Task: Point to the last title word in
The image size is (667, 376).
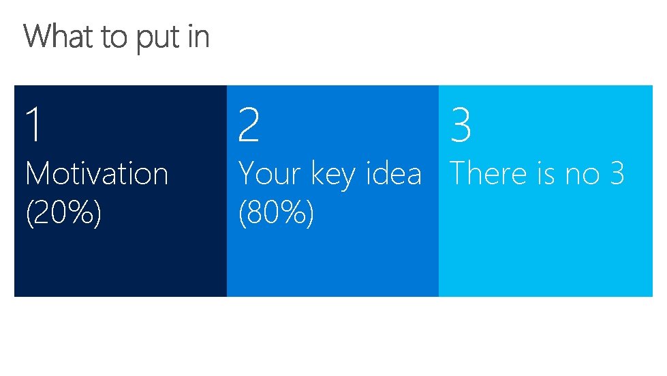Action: click(198, 36)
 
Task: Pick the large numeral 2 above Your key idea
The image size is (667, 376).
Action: click(249, 126)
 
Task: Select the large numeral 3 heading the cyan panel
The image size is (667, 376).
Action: click(461, 126)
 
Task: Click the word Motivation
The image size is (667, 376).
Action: click(97, 173)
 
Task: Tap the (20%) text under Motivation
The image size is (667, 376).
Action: click(63, 214)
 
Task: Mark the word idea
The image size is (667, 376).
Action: click(394, 173)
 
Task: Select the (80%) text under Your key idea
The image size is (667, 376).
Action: click(276, 214)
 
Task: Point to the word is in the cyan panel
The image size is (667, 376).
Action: click(546, 173)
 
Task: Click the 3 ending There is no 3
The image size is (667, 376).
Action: click(617, 173)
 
